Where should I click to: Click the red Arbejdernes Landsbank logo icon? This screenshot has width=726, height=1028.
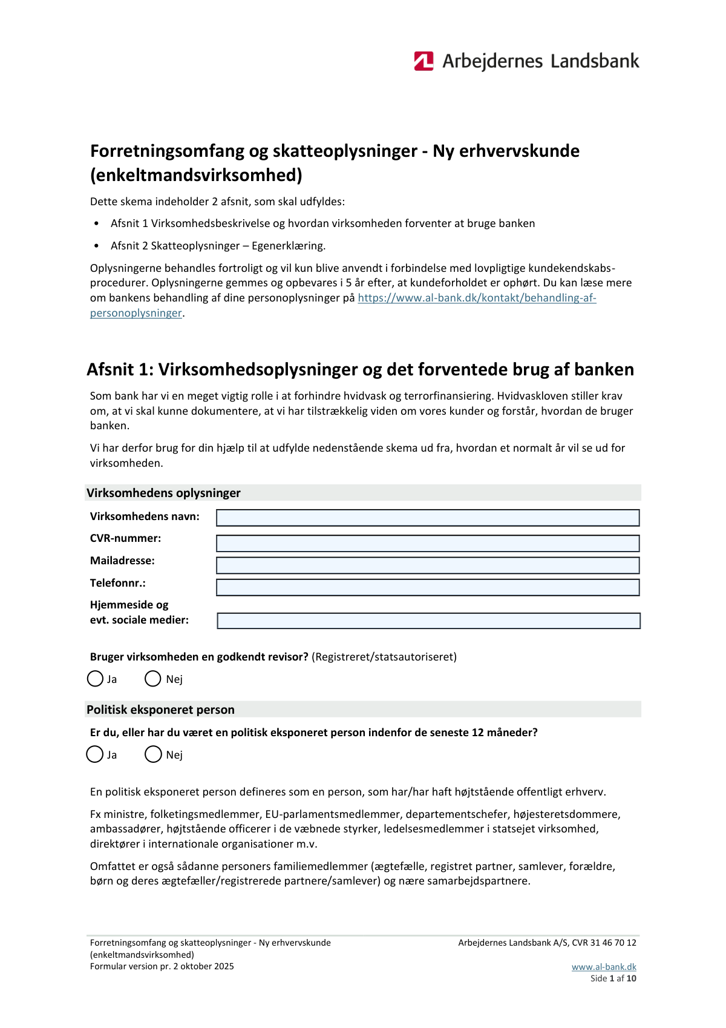coord(423,61)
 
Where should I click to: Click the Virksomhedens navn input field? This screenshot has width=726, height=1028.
coord(428,518)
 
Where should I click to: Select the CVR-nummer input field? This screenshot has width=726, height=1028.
coord(428,543)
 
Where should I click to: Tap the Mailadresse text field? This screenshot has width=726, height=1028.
coord(428,565)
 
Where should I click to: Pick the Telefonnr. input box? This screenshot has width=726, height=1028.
coord(428,587)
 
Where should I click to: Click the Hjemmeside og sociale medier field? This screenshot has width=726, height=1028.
coord(428,621)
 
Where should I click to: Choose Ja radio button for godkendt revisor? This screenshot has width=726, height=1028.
coord(95,679)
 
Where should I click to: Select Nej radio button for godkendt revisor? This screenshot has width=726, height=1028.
coord(152,679)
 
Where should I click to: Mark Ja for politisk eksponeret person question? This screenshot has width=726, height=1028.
coord(95,754)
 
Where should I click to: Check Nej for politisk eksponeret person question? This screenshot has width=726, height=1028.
coord(153,754)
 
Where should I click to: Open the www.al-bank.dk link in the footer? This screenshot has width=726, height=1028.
coord(604,967)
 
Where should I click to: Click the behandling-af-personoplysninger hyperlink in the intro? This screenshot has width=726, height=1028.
coord(477,298)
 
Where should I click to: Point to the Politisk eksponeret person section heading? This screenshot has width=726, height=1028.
coord(160,710)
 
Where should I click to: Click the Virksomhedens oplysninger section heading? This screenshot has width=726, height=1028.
coord(163,493)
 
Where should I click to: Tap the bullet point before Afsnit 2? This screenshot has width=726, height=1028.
coord(97,246)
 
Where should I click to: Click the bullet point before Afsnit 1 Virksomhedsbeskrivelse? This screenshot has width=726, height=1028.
coord(97,223)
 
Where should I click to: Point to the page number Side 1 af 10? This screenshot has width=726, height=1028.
coord(613,978)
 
